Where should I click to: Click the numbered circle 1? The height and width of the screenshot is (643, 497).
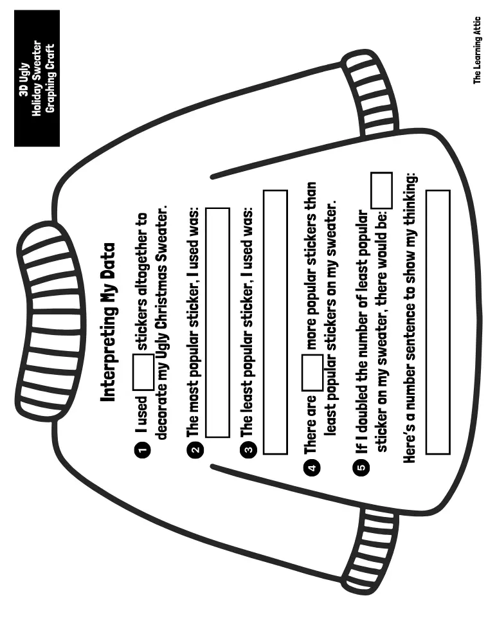click(143, 449)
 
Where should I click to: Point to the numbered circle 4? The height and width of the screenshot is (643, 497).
click(312, 467)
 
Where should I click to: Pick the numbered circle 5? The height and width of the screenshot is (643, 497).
click(362, 467)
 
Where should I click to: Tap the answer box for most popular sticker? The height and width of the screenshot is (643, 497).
click(217, 323)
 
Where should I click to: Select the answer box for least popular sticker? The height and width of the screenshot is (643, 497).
click(275, 322)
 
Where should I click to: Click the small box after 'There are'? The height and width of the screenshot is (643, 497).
click(312, 372)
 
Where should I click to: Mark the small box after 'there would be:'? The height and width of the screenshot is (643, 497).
click(381, 190)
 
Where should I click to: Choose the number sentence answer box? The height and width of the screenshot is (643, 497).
click(438, 322)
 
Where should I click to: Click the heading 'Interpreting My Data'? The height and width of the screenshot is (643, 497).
click(109, 323)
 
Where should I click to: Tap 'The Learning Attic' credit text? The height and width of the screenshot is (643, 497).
click(477, 50)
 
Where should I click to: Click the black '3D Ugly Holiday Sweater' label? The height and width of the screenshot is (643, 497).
click(37, 78)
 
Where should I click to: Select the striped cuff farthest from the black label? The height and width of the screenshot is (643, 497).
click(369, 552)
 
